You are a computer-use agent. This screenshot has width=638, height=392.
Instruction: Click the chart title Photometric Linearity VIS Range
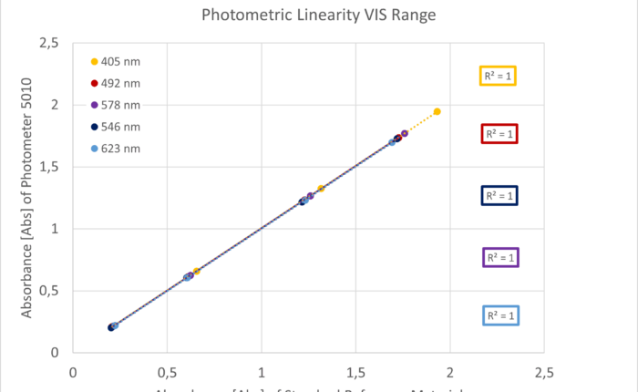coord(318,15)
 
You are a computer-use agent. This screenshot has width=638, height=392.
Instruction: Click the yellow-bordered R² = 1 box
coord(499,76)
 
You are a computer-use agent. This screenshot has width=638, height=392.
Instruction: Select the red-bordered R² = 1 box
coord(499,134)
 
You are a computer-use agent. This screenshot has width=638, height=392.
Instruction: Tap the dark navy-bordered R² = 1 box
coord(499,195)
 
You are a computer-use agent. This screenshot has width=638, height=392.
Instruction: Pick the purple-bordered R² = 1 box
coord(499,258)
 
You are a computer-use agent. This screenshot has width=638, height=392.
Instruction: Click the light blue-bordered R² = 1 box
coord(499,315)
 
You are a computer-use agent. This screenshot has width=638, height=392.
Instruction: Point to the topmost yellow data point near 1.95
coord(437,111)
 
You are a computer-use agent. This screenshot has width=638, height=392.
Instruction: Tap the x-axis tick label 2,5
coord(544,372)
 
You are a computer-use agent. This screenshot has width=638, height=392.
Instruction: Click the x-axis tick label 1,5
coord(355,372)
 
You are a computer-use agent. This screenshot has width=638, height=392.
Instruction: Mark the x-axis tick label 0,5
coord(167,372)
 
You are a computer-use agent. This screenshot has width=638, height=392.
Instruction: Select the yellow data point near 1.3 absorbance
coord(321,189)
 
